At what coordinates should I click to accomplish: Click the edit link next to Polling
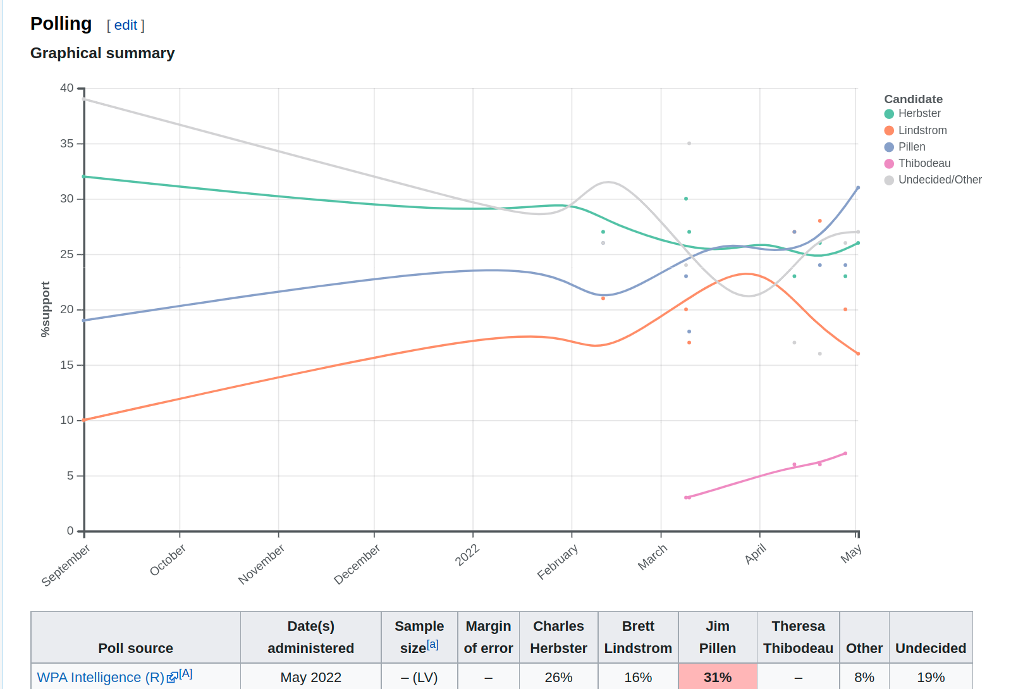[125, 25]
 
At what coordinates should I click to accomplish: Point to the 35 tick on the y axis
[67, 144]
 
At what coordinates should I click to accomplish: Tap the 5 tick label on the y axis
[70, 476]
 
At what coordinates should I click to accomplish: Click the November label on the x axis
[261, 564]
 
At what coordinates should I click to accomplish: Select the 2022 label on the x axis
[467, 555]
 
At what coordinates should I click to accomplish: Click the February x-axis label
[557, 562]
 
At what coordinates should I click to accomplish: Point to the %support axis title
[45, 309]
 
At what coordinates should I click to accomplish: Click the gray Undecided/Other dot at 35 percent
[689, 144]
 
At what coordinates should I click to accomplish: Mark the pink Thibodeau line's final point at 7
[845, 454]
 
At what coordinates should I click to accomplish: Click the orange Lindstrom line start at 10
[84, 420]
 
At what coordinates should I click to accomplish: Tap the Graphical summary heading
[102, 53]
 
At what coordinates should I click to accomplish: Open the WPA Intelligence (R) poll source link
[101, 678]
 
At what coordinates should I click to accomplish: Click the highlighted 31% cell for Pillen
[718, 678]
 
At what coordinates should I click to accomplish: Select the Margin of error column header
[488, 637]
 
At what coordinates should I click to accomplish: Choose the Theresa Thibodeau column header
[798, 637]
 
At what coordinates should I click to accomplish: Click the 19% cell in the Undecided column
[931, 678]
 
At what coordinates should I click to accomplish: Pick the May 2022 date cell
[310, 678]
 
